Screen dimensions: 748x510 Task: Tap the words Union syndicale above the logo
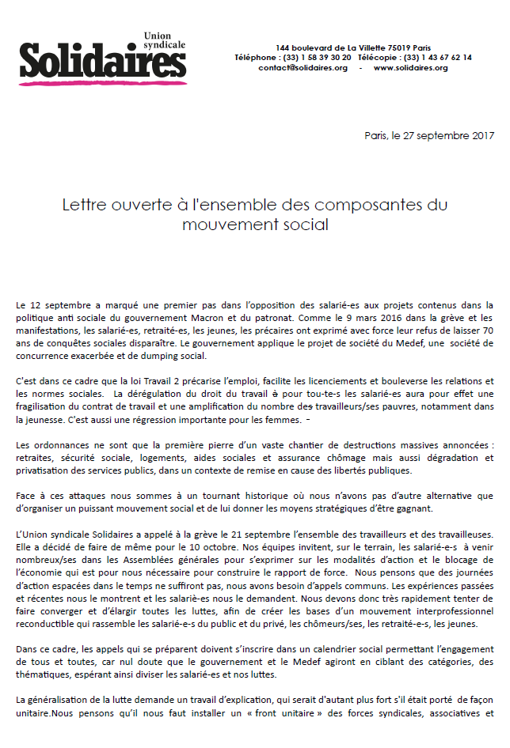tap(163, 41)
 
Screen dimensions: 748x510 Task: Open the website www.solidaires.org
tap(410, 68)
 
